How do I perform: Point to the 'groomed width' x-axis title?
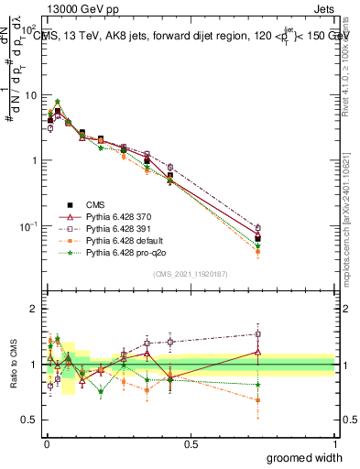[x=305, y=457]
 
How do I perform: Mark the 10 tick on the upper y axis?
[x=30, y=94]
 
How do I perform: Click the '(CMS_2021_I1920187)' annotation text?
[x=190, y=272]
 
